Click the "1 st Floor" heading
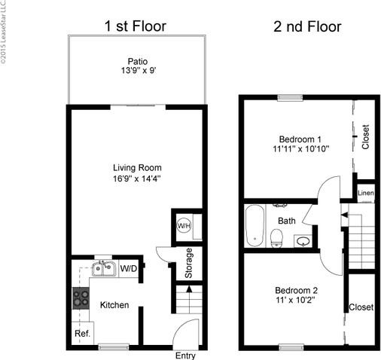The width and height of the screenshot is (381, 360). pyautogui.click(x=135, y=27)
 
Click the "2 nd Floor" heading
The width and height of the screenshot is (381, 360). pyautogui.click(x=306, y=27)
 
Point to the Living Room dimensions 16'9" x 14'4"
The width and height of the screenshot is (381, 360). pyautogui.click(x=137, y=179)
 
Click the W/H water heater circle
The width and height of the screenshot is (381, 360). pyautogui.click(x=183, y=226)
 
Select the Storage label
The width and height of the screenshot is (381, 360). pyautogui.click(x=189, y=263)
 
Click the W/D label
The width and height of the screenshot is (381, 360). pyautogui.click(x=129, y=267)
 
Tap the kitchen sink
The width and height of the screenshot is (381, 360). pyautogui.click(x=102, y=268)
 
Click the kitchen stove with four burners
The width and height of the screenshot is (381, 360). pyautogui.click(x=80, y=298)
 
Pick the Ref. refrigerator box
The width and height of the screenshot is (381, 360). pyautogui.click(x=81, y=333)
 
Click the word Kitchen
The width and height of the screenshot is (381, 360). pyautogui.click(x=114, y=305)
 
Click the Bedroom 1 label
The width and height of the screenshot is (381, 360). pyautogui.click(x=300, y=139)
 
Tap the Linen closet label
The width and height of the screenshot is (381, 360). pyautogui.click(x=365, y=193)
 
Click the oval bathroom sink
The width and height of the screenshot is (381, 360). pyautogui.click(x=303, y=242)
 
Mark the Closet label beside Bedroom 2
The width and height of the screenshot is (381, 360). pyautogui.click(x=361, y=307)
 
